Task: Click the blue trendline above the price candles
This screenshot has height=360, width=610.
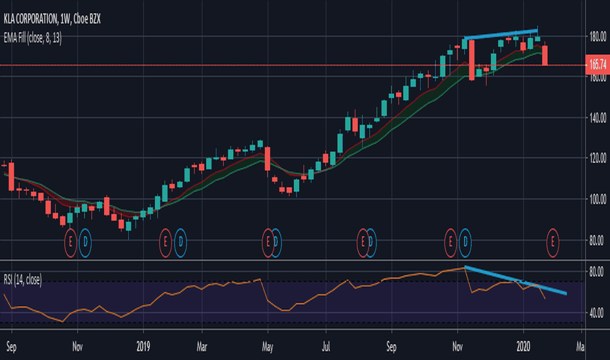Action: (x=501, y=34)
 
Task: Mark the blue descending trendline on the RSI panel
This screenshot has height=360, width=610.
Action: (x=517, y=281)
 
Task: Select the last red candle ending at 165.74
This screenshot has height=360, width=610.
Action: (x=546, y=55)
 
